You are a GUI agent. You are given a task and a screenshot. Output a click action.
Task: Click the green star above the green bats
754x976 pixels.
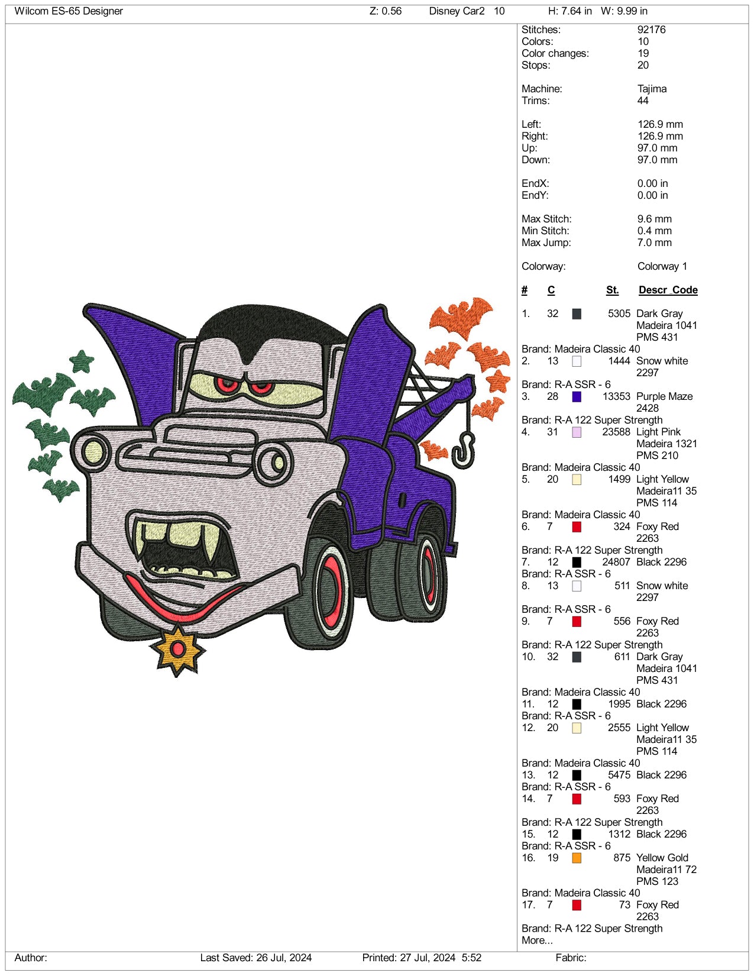[x=81, y=361]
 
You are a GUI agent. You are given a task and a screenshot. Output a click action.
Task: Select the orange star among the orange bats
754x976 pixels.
[x=497, y=380]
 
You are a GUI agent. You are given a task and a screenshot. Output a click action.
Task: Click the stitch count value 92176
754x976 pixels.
[x=651, y=30]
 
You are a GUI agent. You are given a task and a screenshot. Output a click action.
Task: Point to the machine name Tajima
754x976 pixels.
[x=652, y=89]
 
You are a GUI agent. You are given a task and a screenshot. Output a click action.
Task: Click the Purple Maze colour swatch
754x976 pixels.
[x=577, y=396]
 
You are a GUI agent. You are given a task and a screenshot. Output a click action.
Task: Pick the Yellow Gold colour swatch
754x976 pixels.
[x=577, y=858]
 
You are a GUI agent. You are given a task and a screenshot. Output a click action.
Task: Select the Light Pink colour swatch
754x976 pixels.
[x=577, y=432]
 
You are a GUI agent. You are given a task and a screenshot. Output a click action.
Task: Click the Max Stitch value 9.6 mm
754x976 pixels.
[x=654, y=219]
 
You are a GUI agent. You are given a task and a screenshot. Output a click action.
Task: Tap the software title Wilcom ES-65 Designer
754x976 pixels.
[x=69, y=11]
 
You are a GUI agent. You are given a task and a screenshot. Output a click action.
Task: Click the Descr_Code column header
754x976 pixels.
[x=668, y=290]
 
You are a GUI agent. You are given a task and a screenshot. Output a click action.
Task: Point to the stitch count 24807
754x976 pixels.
[x=616, y=562]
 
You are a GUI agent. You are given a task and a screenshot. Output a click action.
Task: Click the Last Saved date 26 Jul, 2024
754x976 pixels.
[x=284, y=958]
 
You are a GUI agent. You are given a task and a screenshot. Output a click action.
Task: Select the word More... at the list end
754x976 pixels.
[x=537, y=940]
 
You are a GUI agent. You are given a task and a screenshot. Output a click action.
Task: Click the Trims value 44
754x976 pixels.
[x=643, y=101]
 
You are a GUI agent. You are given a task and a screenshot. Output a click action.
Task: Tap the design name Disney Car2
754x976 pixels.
[x=457, y=11]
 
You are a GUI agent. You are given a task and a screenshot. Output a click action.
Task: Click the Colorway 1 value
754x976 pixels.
[x=662, y=266]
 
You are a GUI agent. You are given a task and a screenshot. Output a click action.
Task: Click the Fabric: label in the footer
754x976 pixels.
[x=571, y=958]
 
